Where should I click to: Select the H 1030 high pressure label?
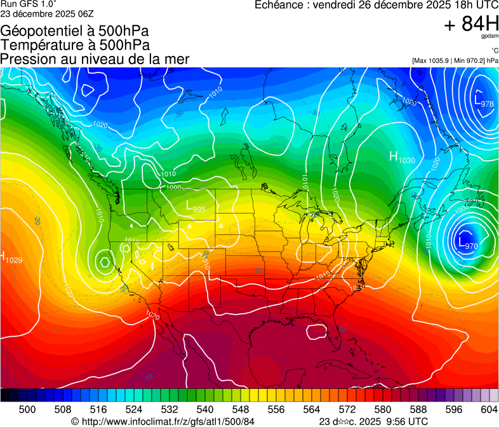point(402,158)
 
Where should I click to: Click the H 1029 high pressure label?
point(11,258)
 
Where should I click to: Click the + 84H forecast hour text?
point(472,24)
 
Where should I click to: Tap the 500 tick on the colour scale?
point(27,410)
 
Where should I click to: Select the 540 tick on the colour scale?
point(204,410)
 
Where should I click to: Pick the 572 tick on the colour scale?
point(347,410)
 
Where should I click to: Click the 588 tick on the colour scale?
point(418,410)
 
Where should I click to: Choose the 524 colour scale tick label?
point(133,410)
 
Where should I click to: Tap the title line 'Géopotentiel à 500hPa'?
point(75,31)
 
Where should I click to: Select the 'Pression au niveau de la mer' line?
point(95,59)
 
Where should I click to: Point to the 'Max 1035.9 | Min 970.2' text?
point(455,61)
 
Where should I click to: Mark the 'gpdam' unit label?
point(489,36)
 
